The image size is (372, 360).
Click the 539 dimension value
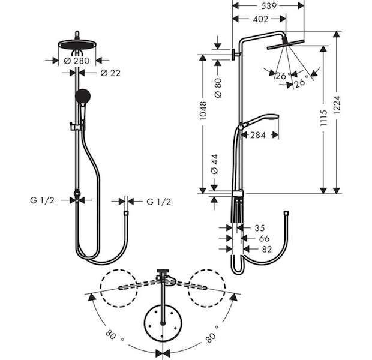[x=269, y=6]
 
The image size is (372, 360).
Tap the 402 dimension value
[x=260, y=19]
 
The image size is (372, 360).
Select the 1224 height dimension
[x=337, y=105]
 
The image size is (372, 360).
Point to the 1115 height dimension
[x=323, y=118]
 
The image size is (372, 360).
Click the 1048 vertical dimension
[x=203, y=110]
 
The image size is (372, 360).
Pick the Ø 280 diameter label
[x=77, y=61]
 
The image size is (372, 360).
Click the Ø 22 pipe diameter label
[x=110, y=73]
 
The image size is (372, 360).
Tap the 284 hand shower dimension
[x=258, y=135]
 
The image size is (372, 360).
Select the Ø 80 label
[x=218, y=88]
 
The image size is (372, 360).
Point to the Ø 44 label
[x=214, y=164]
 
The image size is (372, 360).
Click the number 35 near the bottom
[x=260, y=228]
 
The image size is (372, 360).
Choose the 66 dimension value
[x=264, y=238]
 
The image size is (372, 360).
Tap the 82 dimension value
[x=267, y=249]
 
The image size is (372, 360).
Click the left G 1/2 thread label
[x=42, y=200]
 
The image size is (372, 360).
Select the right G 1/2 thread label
[x=159, y=202]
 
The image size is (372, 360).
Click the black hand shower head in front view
[x=83, y=96]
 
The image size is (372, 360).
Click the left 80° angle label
[x=114, y=335]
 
